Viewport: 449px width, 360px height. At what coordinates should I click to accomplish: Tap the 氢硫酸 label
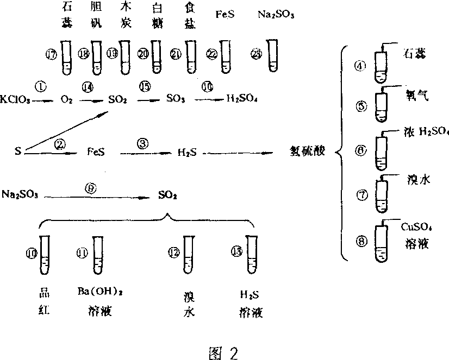[307, 151]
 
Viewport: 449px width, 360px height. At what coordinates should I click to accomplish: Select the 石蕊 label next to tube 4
[414, 53]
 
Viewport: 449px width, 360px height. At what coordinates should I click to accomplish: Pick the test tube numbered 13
[251, 254]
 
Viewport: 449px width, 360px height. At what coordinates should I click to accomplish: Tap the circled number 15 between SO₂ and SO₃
[145, 87]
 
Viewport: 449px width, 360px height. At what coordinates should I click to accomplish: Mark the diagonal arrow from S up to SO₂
[65, 131]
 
